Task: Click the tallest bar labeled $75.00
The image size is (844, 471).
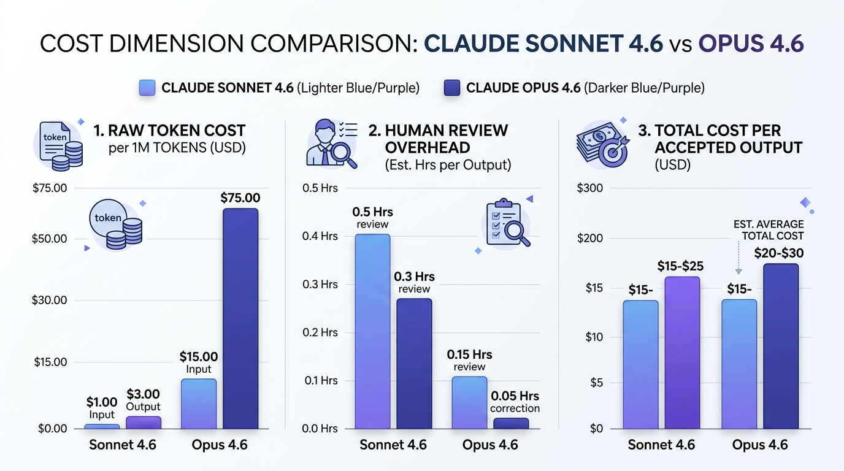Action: pyautogui.click(x=240, y=318)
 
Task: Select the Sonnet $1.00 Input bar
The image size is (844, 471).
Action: pyautogui.click(x=102, y=426)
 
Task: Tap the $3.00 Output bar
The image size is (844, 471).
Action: pyautogui.click(x=143, y=423)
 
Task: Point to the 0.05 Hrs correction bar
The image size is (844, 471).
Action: pyautogui.click(x=511, y=423)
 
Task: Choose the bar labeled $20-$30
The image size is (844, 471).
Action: pyautogui.click(x=781, y=346)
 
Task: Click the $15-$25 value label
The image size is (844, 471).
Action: pyautogui.click(x=680, y=266)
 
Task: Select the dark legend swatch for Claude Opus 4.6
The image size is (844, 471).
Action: pyautogui.click(x=452, y=88)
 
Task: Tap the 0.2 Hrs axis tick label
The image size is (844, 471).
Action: pyautogui.click(x=320, y=332)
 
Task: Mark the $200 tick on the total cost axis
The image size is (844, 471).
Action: pyautogui.click(x=590, y=239)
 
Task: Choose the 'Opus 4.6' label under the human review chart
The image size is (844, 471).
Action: pyautogui.click(x=490, y=445)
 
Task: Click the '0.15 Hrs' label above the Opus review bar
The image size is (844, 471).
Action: pyautogui.click(x=469, y=354)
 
